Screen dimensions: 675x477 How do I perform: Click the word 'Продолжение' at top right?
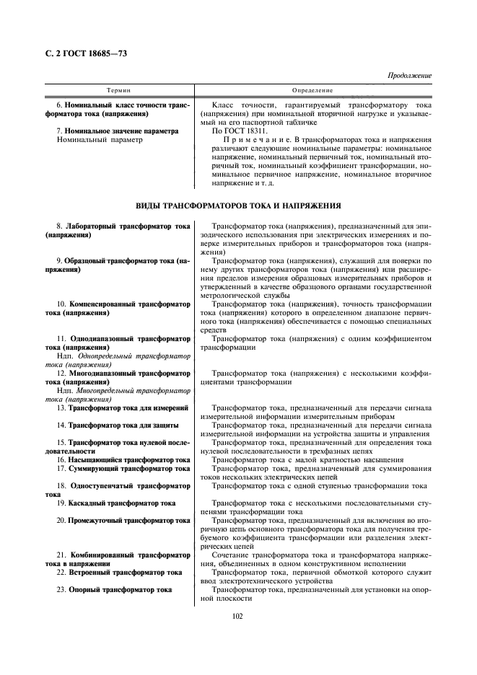[x=409, y=75]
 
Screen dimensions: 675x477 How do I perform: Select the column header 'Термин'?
[x=118, y=90]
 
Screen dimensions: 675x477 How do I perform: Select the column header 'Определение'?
[x=313, y=90]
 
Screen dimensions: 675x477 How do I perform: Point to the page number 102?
[x=237, y=615]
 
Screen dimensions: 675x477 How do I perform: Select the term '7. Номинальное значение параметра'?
[x=117, y=131]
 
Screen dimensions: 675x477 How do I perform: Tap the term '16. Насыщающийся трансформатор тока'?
[x=123, y=459]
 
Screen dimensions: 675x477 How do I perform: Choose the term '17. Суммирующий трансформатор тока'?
[x=123, y=468]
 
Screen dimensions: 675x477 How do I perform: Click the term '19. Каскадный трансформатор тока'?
[x=117, y=503]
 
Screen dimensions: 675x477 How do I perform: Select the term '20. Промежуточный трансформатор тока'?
[x=123, y=520]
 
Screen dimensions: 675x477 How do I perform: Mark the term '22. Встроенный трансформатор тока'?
[x=119, y=572]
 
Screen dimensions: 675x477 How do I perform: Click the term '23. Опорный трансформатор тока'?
[x=114, y=589]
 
